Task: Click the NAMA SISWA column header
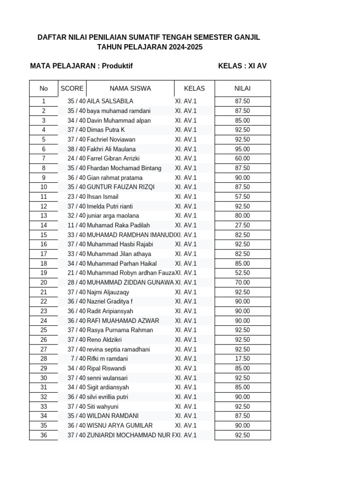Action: [x=130, y=88]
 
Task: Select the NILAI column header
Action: [x=242, y=88]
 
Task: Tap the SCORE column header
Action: [x=72, y=88]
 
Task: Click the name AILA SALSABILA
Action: [x=110, y=101]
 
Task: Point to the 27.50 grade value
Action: [x=242, y=225]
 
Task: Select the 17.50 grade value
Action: [x=242, y=359]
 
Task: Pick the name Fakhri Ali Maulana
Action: [x=112, y=149]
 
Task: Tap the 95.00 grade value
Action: [x=242, y=149]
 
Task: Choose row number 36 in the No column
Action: [x=44, y=435]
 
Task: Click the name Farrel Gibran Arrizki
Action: [x=113, y=158]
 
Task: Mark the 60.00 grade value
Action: [x=242, y=158]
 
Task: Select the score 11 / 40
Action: [x=76, y=225]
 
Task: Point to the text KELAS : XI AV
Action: [x=242, y=66]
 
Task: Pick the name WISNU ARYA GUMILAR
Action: [x=120, y=426]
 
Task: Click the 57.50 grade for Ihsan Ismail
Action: [x=242, y=197]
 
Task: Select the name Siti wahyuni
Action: [x=103, y=406]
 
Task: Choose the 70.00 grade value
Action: [x=242, y=283]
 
